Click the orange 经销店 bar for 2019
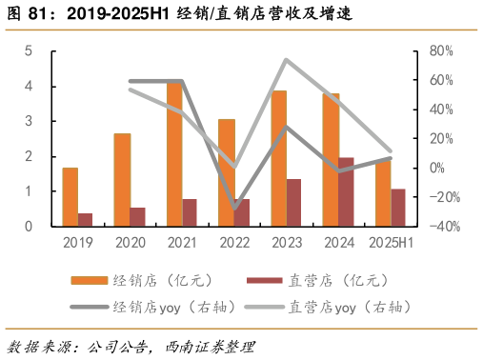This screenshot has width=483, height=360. coord(70,196)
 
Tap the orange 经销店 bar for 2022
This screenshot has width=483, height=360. coord(226,171)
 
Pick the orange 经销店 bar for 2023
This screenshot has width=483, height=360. coord(278,157)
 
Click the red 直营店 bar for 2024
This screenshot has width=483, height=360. coord(346,191)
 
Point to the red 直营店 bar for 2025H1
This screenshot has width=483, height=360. coord(397,207)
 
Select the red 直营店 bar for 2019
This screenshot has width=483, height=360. coord(86,219)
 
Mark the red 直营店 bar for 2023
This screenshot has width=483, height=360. coord(293,202)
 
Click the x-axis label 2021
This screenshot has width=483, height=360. coord(182,243)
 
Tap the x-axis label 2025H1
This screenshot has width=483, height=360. coord(391,243)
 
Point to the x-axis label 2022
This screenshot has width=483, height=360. coord(234,243)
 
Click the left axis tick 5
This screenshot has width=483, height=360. coord(29,50)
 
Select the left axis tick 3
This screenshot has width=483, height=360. coord(29,121)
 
